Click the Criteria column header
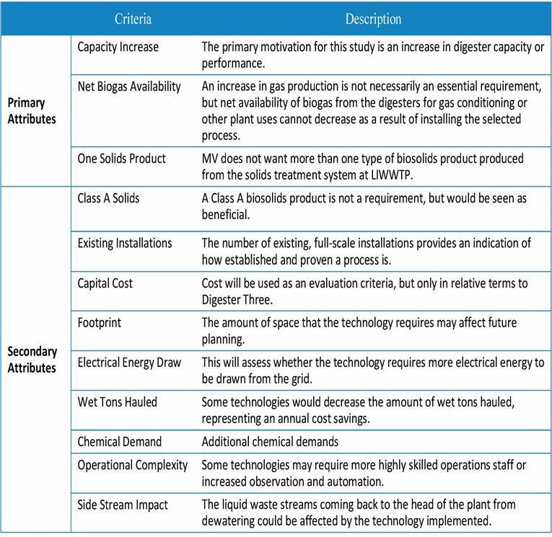(x=133, y=19)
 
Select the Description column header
(x=373, y=19)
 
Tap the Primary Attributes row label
(x=32, y=111)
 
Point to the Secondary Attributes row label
(x=32, y=359)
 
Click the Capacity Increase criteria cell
(x=118, y=48)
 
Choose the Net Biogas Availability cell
(x=129, y=86)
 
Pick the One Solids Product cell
(x=121, y=159)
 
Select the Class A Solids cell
(x=109, y=198)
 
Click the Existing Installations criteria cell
(x=125, y=243)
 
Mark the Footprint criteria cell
(x=100, y=324)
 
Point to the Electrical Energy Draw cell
(x=130, y=363)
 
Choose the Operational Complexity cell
(x=133, y=465)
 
